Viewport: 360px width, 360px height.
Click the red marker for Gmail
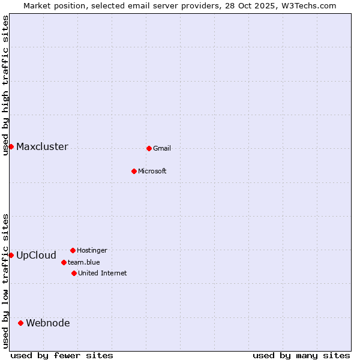149,148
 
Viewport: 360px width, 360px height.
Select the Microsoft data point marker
134,171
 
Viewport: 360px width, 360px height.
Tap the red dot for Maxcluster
11,146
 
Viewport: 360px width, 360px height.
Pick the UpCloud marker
11,255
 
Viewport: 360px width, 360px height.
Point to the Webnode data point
20,323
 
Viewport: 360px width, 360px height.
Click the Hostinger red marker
73,250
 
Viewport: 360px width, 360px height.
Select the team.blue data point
64,262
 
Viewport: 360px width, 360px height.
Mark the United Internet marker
74,273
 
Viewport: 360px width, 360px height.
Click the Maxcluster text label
42,147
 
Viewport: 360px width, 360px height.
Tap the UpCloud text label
36,256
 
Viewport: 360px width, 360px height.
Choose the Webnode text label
47,323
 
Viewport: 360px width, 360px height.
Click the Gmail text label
162,149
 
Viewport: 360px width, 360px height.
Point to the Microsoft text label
152,172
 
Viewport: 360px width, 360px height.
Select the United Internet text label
103,274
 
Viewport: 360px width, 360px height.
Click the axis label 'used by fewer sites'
62,355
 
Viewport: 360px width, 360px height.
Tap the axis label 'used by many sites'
301,355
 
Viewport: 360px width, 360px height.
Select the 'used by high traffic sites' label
6,85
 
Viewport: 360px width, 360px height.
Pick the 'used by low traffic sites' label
6,281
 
